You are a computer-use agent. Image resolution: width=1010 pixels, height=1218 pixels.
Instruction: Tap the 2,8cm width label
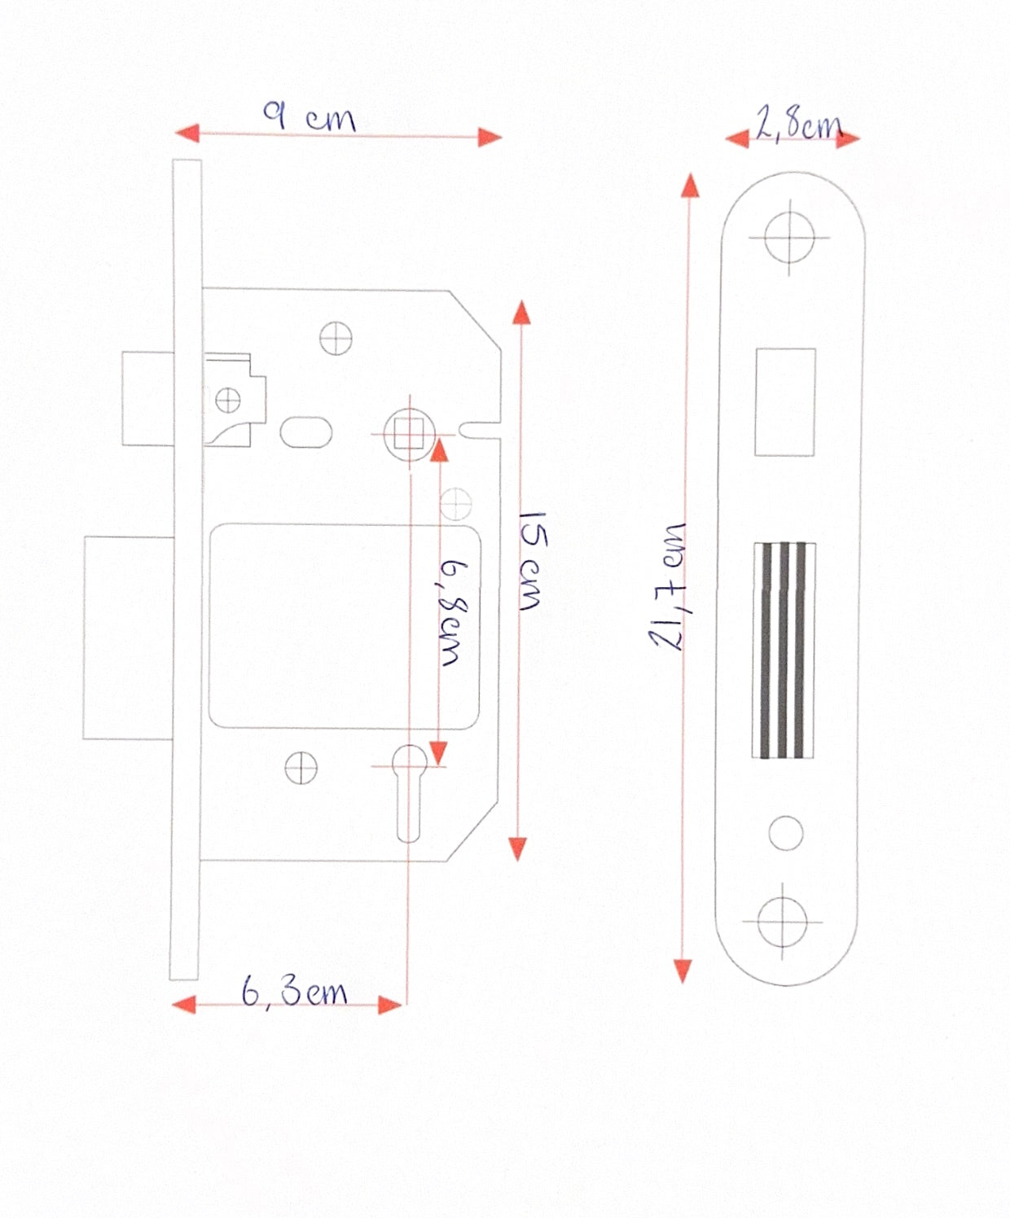[799, 125]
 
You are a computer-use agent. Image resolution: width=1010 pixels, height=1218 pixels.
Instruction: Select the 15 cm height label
[532, 561]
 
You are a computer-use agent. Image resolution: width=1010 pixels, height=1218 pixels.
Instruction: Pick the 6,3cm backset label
[295, 991]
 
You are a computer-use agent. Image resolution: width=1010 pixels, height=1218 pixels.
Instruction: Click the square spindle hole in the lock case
[409, 435]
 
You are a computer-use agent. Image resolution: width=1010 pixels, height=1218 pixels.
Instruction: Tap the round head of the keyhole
[409, 760]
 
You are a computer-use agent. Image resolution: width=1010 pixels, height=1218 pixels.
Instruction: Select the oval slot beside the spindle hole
[305, 432]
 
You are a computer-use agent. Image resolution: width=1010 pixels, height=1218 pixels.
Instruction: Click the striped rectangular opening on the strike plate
[784, 651]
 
